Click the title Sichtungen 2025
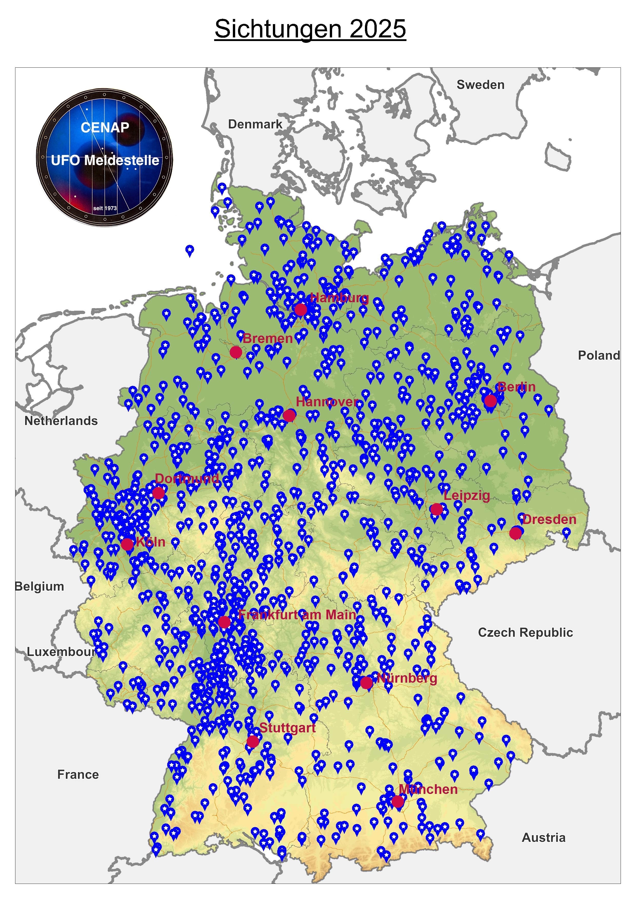tap(310, 29)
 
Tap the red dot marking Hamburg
tap(300, 309)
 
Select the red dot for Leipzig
tap(436, 509)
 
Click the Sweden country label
tap(481, 85)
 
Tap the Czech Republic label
tap(525, 632)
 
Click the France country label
tap(78, 774)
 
